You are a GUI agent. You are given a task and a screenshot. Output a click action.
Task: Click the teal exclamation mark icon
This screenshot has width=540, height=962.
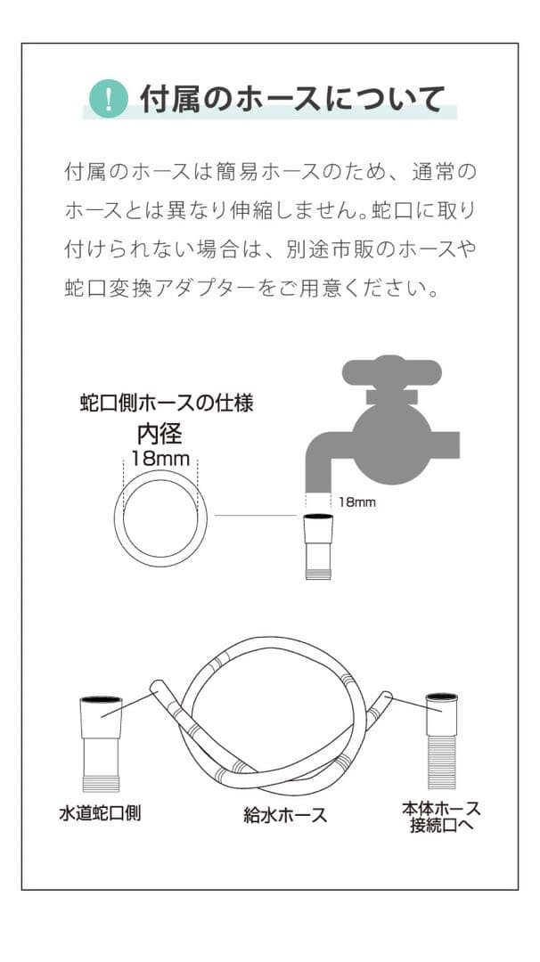[x=110, y=99]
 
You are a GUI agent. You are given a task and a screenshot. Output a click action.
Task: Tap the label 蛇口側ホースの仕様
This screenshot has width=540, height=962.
[x=167, y=404]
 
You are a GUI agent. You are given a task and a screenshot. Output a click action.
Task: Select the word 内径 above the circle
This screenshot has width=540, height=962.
[x=160, y=434]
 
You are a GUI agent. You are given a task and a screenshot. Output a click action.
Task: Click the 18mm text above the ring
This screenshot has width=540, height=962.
[x=160, y=459]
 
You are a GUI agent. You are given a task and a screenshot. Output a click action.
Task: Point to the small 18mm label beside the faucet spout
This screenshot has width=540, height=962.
[x=357, y=502]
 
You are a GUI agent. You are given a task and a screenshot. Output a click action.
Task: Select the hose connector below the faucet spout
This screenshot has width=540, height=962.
[x=318, y=547]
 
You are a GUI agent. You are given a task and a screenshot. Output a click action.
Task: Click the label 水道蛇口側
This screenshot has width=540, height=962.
[x=100, y=812]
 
